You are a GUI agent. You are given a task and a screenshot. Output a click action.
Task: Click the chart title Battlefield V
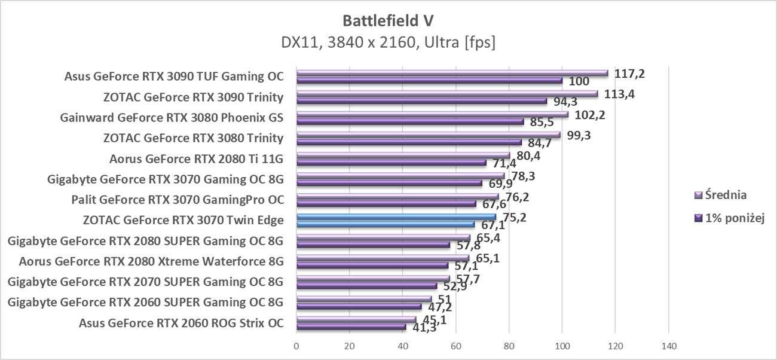point(388,21)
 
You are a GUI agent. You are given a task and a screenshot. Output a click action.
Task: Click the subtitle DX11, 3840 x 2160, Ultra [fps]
point(388,42)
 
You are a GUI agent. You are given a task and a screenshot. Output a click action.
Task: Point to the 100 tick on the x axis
point(562,346)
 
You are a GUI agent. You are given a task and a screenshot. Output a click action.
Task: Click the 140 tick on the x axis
point(668,346)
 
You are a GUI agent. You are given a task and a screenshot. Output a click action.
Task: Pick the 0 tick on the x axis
point(296,346)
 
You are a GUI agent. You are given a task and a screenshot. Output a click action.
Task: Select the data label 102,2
point(590,115)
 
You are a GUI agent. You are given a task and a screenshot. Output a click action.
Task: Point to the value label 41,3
point(424,328)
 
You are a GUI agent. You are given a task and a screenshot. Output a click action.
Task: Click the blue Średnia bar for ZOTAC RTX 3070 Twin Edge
point(396,217)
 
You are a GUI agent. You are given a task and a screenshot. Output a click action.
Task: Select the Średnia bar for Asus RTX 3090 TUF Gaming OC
point(451,74)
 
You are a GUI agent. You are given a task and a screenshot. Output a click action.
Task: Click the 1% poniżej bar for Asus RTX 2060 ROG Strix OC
point(351,327)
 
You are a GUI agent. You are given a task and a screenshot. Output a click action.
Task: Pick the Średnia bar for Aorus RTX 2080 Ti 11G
point(402,155)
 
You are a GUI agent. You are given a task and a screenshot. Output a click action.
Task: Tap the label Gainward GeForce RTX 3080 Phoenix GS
point(172,118)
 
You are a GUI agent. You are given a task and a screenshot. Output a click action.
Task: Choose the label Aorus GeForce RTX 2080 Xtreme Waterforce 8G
point(151,261)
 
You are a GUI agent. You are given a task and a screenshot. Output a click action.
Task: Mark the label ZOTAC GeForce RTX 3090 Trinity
point(193,97)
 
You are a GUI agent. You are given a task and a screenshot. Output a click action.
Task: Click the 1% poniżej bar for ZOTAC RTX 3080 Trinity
point(408,142)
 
